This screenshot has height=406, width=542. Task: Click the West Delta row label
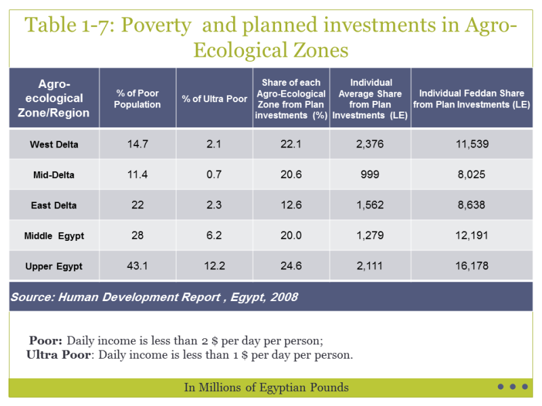(x=54, y=144)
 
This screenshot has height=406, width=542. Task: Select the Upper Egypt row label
(x=54, y=266)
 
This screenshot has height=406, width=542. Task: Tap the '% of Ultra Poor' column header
(x=214, y=99)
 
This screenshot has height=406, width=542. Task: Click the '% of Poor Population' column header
(x=138, y=99)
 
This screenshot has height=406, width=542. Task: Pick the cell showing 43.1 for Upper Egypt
(x=138, y=266)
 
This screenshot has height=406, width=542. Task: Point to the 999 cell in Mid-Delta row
(x=370, y=175)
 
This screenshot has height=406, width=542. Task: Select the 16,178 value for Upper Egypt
(x=472, y=266)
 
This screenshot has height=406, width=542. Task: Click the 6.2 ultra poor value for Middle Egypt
(x=214, y=235)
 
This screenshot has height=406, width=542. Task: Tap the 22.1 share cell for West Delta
(x=291, y=144)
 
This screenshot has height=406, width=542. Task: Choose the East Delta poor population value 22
(x=138, y=205)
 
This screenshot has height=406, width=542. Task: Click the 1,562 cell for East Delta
(x=370, y=205)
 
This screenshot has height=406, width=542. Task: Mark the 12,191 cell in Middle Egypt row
(x=472, y=235)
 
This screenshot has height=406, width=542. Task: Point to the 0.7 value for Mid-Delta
(x=214, y=175)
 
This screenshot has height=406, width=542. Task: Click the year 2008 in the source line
(x=284, y=297)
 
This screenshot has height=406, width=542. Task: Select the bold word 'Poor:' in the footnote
(x=45, y=340)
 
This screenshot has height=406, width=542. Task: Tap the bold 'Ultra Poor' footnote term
(x=58, y=355)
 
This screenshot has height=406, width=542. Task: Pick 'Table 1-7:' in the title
(x=70, y=25)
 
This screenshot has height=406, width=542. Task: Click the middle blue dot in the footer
(x=513, y=386)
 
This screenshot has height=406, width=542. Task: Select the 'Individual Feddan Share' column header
(x=472, y=93)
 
